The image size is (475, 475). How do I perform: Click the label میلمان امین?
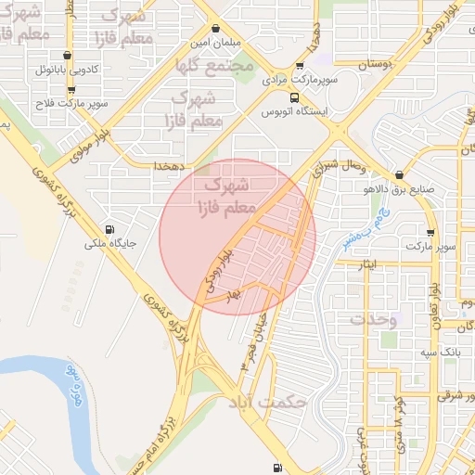point(216,43)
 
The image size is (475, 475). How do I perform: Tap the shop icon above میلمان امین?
point(216,29)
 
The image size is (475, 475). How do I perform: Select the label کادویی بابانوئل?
point(68,70)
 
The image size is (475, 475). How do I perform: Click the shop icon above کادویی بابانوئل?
point(68,56)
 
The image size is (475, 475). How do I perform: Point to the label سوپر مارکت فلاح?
point(71,103)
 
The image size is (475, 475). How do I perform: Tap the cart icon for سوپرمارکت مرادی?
point(300,66)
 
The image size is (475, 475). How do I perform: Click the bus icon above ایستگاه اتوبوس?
point(294,97)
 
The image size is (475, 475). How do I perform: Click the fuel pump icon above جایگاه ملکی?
point(111,230)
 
